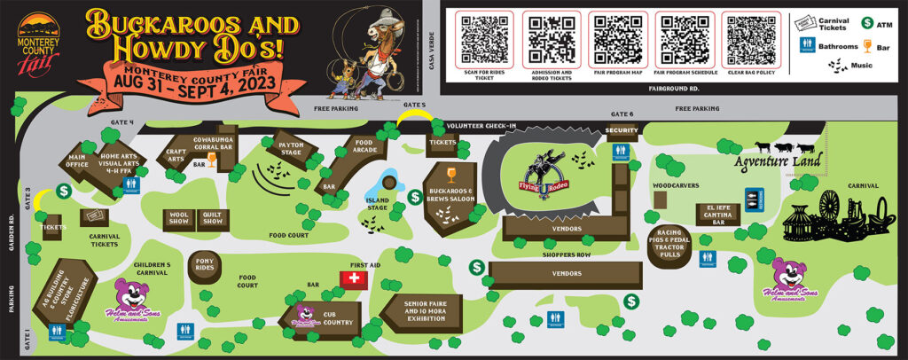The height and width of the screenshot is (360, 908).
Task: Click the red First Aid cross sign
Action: pos(355,279)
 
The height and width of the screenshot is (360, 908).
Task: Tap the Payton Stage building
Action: pos(286,149)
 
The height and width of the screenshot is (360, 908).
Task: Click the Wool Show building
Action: pos(177,219)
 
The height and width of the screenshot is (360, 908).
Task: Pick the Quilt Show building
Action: pos(211,219)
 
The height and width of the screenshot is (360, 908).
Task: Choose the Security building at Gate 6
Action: pos(622,131)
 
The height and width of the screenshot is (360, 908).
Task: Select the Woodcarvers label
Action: pos(676,185)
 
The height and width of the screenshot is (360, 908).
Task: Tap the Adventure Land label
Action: pos(778,160)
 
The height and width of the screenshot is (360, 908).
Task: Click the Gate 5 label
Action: pos(414,105)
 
